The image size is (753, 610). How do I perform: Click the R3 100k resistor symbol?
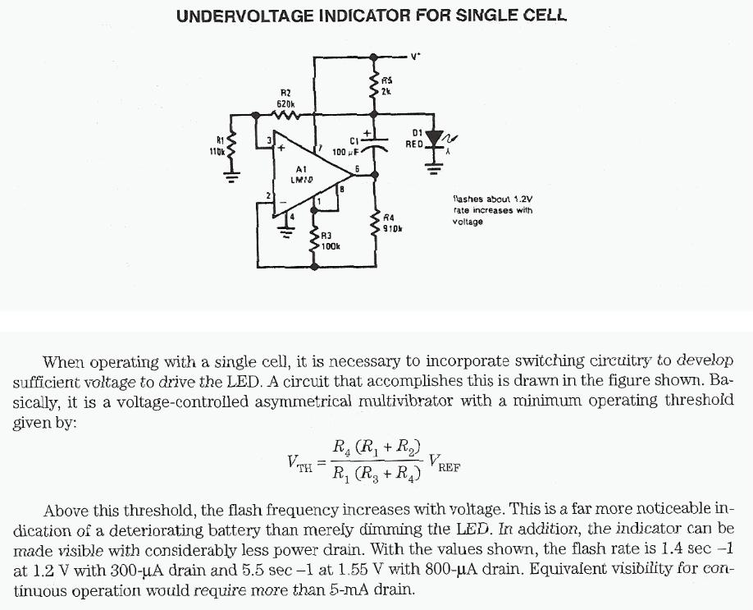315,240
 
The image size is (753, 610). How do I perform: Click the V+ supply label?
415,57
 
